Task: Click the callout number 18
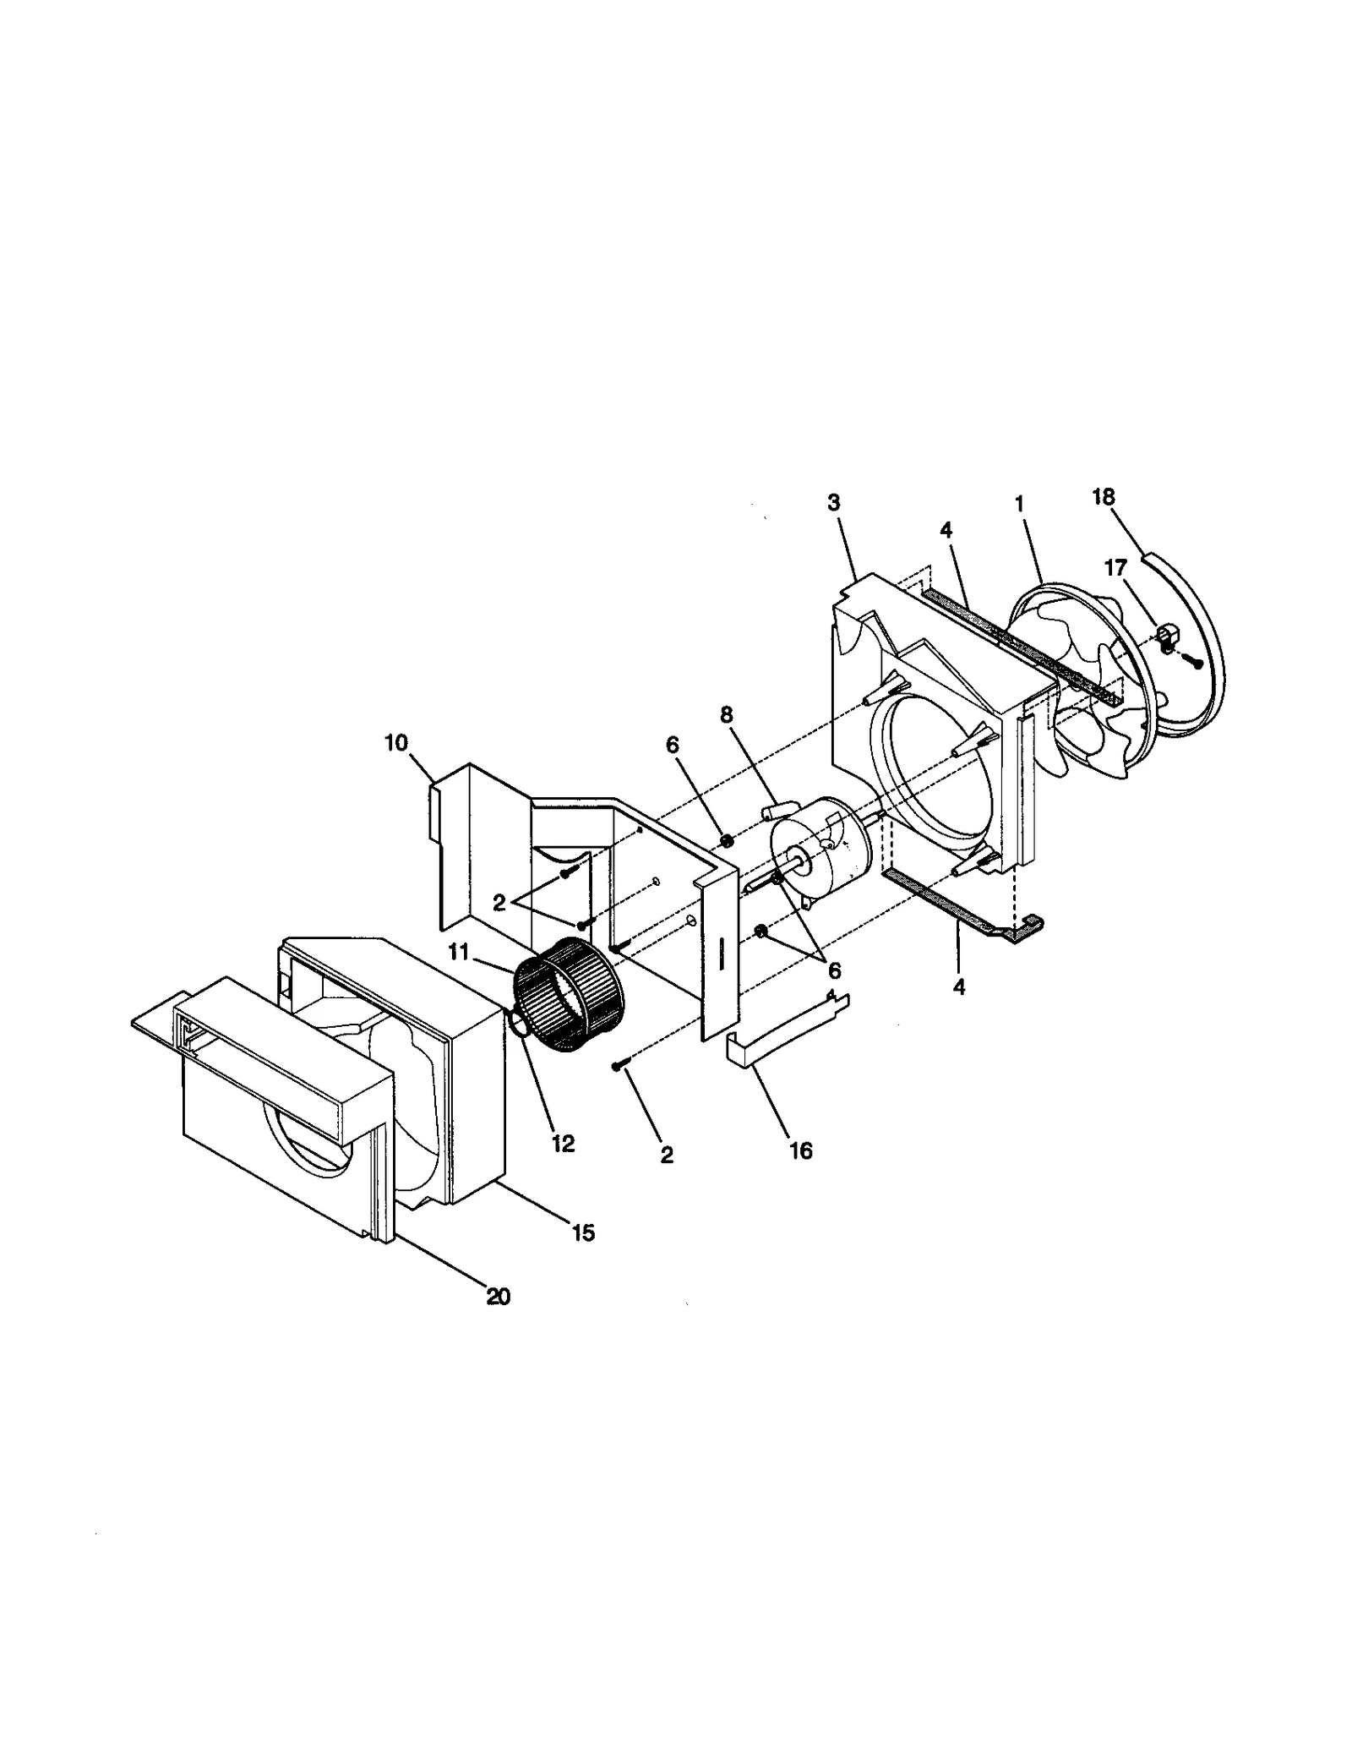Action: coord(1103,497)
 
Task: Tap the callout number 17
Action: coord(1116,568)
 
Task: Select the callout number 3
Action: coord(833,503)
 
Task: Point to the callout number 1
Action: coord(1019,505)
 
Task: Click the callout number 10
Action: coord(396,743)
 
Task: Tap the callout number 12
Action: coord(563,1144)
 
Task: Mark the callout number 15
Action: coord(583,1232)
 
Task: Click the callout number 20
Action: coord(499,1296)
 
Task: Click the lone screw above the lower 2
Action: coord(618,1068)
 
